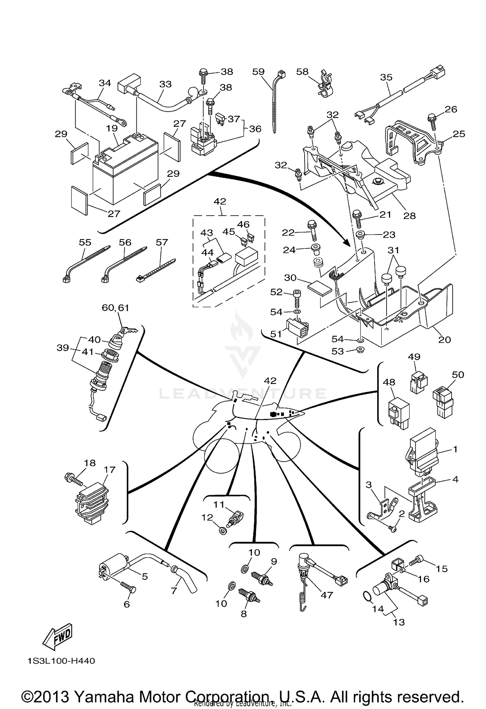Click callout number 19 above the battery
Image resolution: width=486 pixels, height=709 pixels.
pyautogui.click(x=112, y=128)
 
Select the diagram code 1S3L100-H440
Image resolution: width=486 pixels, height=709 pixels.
pyautogui.click(x=62, y=661)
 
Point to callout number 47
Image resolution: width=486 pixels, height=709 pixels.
pyautogui.click(x=327, y=595)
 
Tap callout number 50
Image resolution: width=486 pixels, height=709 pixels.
pyautogui.click(x=458, y=375)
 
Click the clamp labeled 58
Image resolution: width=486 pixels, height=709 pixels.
pyautogui.click(x=325, y=85)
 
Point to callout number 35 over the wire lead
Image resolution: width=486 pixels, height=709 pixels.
pyautogui.click(x=386, y=77)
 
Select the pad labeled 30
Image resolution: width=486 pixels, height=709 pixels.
pyautogui.click(x=319, y=288)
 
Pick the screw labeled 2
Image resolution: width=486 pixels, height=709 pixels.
pyautogui.click(x=393, y=529)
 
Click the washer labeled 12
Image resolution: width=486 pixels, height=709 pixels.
pyautogui.click(x=223, y=531)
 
